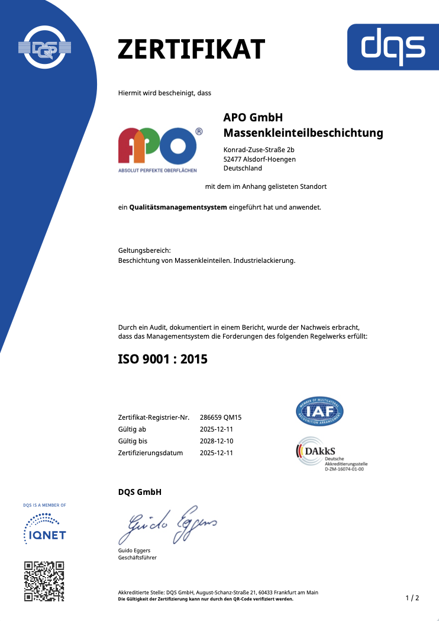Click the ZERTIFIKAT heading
click(191, 49)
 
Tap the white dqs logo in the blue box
click(393, 47)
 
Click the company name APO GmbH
click(253, 117)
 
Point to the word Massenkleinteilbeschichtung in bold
click(303, 133)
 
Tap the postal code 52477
click(233, 159)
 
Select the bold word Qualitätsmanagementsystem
click(178, 207)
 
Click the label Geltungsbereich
click(144, 251)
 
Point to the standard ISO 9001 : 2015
click(163, 358)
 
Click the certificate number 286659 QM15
click(221, 417)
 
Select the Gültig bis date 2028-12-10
click(217, 441)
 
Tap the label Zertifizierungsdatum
click(151, 453)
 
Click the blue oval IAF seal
click(319, 411)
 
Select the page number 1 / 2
click(412, 598)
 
